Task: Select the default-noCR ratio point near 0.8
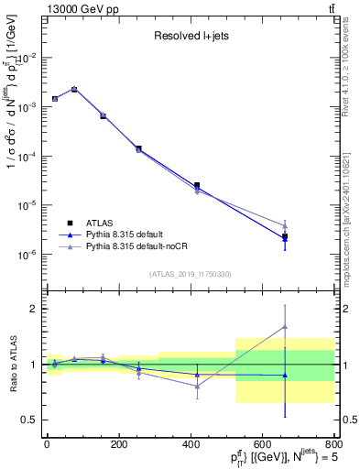click(197, 386)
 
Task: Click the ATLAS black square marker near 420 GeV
click(197, 185)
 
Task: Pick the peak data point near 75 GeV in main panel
click(74, 89)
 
